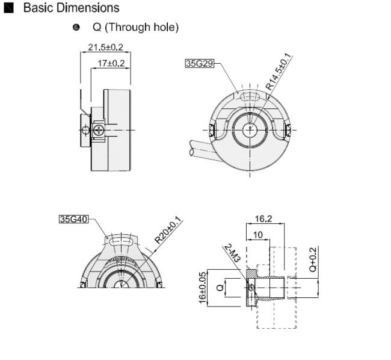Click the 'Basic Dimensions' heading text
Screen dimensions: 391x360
(72, 8)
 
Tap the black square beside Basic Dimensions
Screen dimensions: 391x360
(9, 8)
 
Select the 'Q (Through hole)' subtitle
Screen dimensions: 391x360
(136, 27)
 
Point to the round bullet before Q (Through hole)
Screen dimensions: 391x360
(76, 27)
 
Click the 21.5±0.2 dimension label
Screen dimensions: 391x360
(105, 47)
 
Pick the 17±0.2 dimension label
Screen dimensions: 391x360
(111, 63)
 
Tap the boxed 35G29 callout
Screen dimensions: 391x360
(200, 63)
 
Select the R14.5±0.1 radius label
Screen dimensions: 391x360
(279, 72)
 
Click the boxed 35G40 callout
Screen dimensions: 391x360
(74, 219)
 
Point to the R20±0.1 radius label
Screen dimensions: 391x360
(168, 230)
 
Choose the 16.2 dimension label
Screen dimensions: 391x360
(263, 219)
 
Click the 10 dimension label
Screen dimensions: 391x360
(258, 235)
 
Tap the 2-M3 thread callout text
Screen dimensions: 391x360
(232, 253)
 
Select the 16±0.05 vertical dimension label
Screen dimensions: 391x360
(203, 288)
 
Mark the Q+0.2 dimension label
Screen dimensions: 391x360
(313, 259)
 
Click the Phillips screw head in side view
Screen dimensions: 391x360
(99, 130)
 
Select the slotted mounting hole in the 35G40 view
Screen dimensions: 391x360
(121, 241)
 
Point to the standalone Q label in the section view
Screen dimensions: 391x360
(220, 288)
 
